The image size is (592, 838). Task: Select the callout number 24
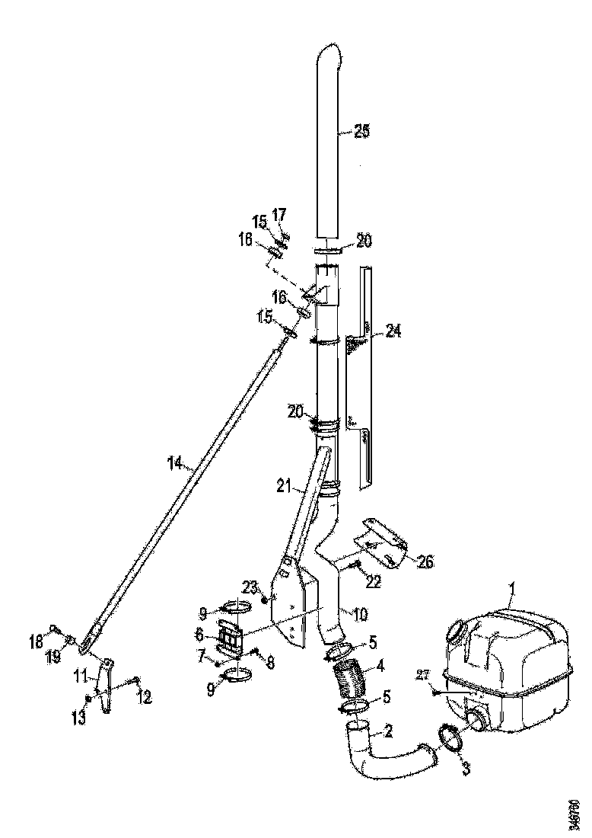(x=393, y=331)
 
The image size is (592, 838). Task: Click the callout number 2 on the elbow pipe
(x=387, y=732)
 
